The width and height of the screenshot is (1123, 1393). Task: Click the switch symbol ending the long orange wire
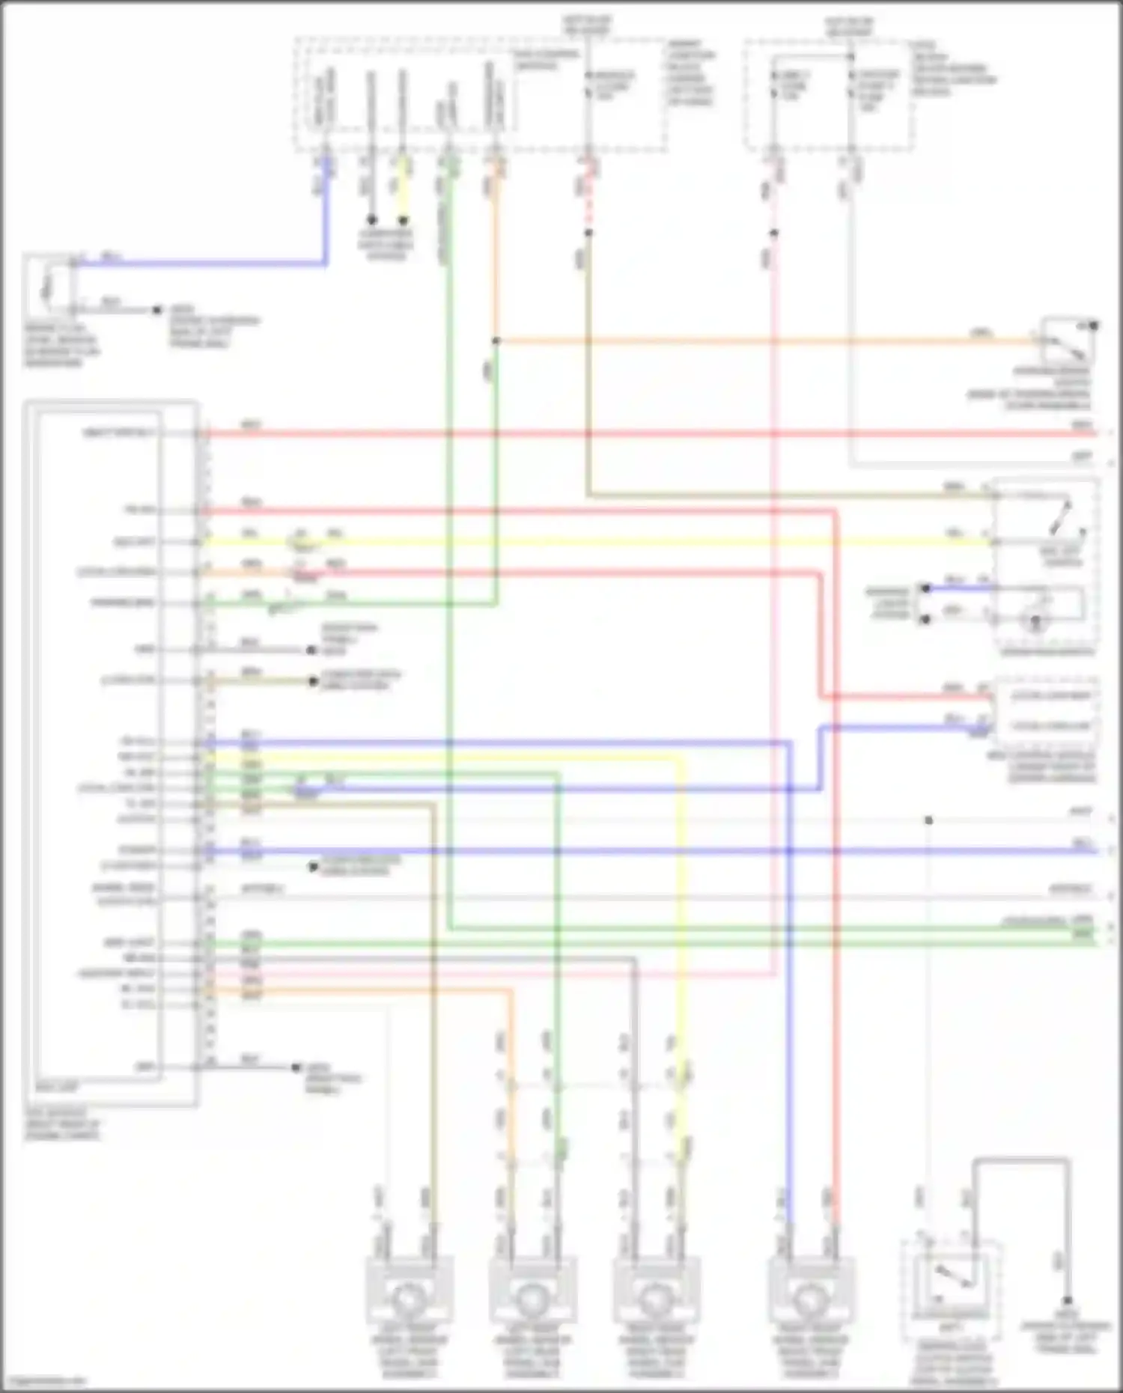[1068, 344]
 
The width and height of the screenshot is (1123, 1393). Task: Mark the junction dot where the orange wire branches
[496, 341]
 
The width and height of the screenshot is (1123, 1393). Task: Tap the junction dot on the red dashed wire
[588, 233]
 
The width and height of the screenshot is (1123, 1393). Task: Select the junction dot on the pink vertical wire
[774, 233]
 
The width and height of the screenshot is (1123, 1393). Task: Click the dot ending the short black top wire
[371, 220]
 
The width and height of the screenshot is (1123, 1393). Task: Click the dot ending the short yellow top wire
[404, 220]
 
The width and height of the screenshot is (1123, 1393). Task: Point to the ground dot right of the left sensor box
[157, 309]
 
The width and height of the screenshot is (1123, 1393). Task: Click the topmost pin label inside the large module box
[120, 433]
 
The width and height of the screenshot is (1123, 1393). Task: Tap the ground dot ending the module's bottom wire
[296, 1067]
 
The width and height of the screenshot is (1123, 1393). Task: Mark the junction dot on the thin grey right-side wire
[928, 820]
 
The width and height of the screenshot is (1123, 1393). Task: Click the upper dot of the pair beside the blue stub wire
[926, 588]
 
